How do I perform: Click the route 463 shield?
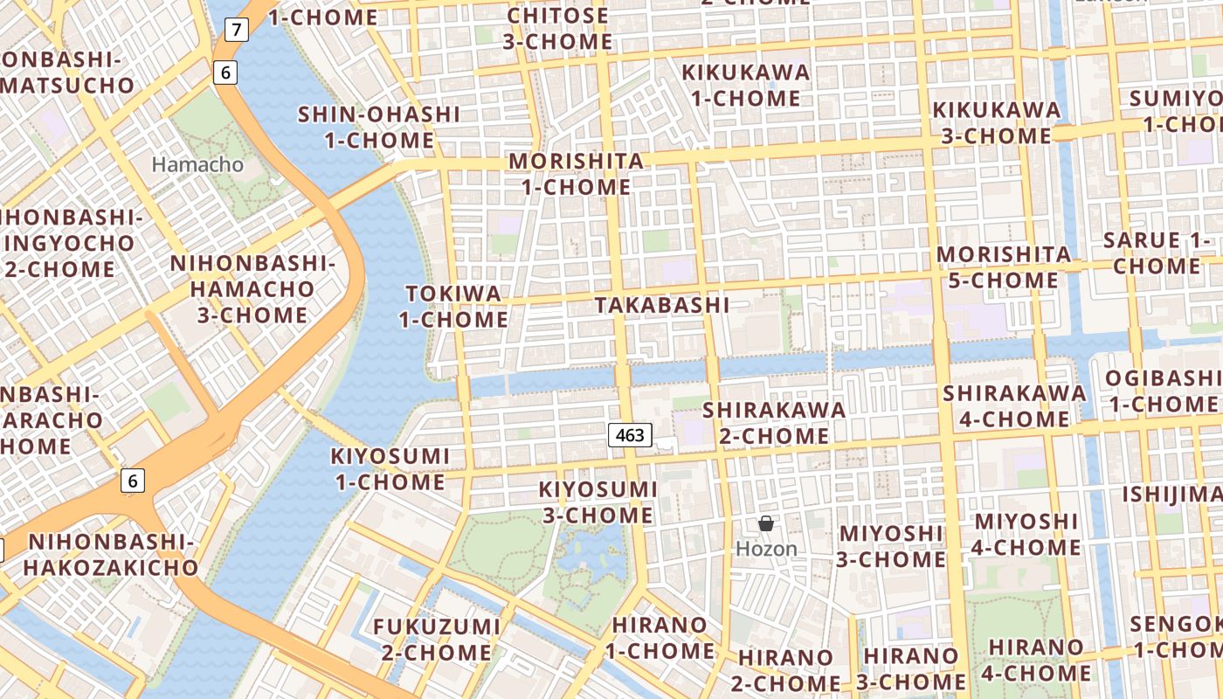[x=630, y=435]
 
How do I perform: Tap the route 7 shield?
[x=236, y=30]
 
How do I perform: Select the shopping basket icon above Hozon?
[x=766, y=523]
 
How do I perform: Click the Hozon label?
[x=766, y=549]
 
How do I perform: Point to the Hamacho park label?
[x=197, y=164]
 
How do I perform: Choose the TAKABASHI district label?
[x=661, y=305]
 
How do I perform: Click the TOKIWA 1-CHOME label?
[x=453, y=307]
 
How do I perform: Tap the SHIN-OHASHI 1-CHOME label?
[x=379, y=128]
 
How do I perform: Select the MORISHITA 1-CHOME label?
[x=577, y=174]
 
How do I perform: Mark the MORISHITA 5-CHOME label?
[x=1004, y=267]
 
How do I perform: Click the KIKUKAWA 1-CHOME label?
[x=746, y=86]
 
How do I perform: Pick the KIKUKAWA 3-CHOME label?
[x=997, y=123]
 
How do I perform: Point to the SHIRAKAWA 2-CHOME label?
[x=774, y=422]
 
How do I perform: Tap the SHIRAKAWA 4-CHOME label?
[x=1014, y=406]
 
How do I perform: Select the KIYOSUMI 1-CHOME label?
[x=390, y=469]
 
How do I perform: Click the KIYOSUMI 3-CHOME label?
[x=598, y=502]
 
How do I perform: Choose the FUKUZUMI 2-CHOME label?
[x=437, y=640]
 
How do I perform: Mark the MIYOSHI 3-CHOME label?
[x=891, y=546]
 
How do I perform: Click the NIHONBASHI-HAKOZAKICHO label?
[x=111, y=555]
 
